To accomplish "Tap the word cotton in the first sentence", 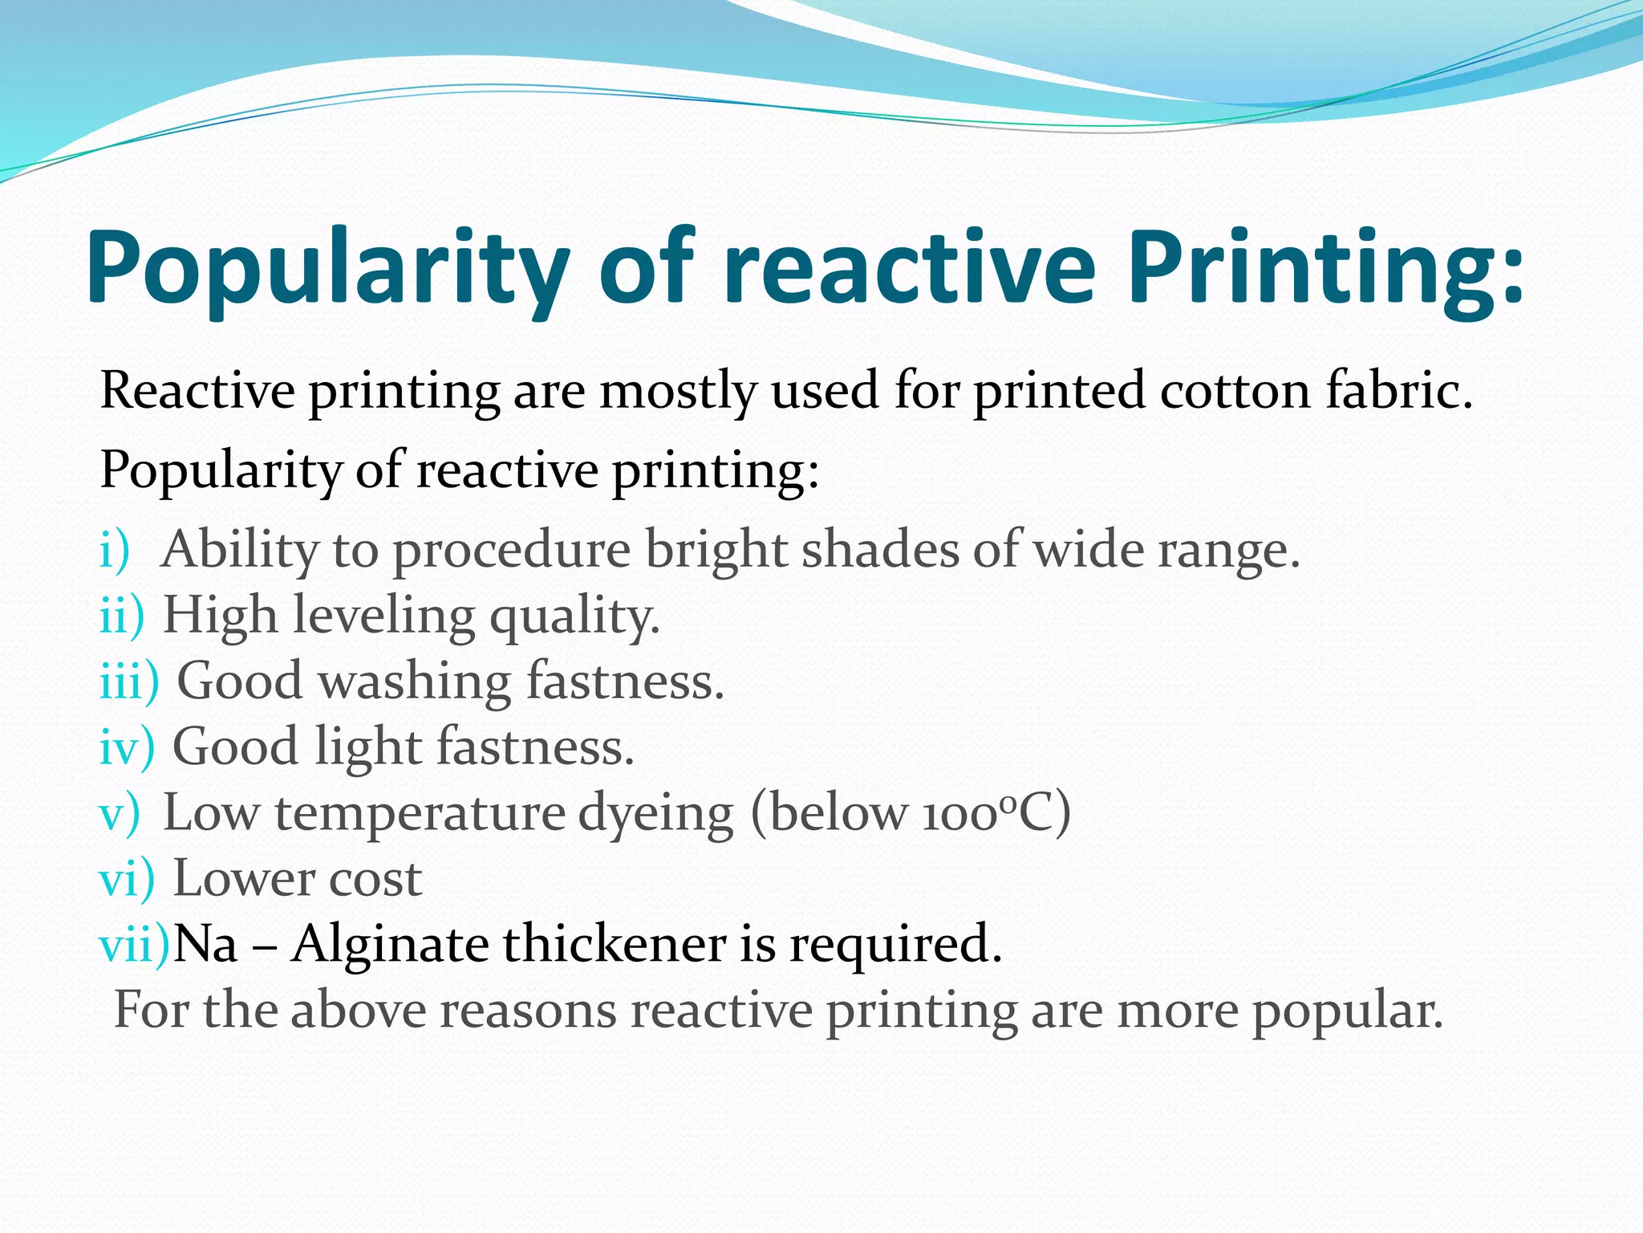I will pos(1235,391).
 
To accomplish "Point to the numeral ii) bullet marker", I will pos(121,616).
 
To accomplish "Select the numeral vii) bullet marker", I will pos(134,945).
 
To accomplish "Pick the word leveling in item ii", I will pos(383,616).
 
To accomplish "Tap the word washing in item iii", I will pos(414,682).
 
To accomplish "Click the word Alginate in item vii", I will pos(390,945).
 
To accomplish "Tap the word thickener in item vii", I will pos(615,945).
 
